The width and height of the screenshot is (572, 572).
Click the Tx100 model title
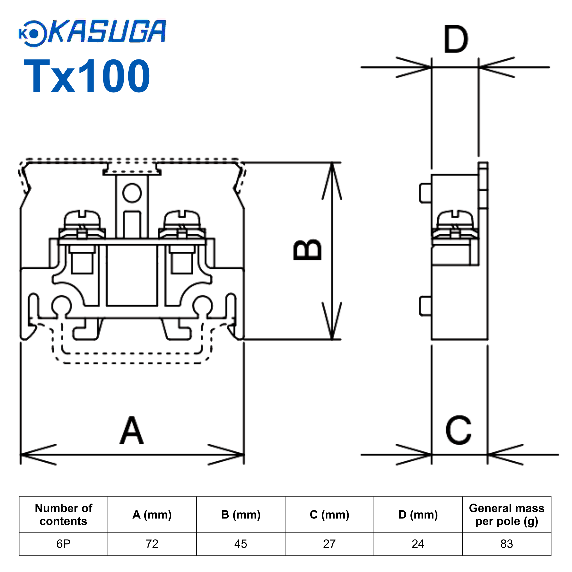86,76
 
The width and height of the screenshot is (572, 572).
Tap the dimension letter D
456,39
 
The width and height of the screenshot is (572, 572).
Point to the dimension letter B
307,250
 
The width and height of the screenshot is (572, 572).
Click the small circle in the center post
132,193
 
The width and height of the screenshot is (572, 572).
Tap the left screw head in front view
82,219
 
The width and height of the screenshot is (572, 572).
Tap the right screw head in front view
182,219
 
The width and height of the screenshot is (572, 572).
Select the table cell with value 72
152,544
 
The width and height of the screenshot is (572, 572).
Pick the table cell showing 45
240,544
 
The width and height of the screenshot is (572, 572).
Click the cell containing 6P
63,544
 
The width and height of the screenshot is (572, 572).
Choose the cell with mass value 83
507,544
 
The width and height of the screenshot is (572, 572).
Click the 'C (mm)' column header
329,515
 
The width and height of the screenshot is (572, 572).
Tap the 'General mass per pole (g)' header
507,515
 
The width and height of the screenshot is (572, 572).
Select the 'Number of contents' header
63,515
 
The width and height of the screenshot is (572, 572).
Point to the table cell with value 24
418,544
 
